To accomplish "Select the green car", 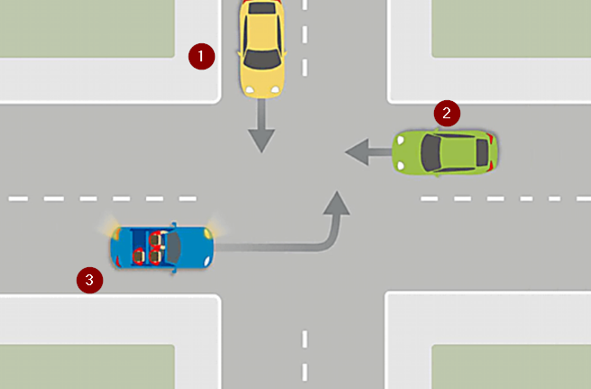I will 447,153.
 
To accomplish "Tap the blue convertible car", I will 162,246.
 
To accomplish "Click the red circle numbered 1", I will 201,56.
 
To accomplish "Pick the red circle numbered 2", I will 447,114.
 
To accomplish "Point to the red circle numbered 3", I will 88,280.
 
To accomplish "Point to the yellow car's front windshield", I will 262,60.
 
